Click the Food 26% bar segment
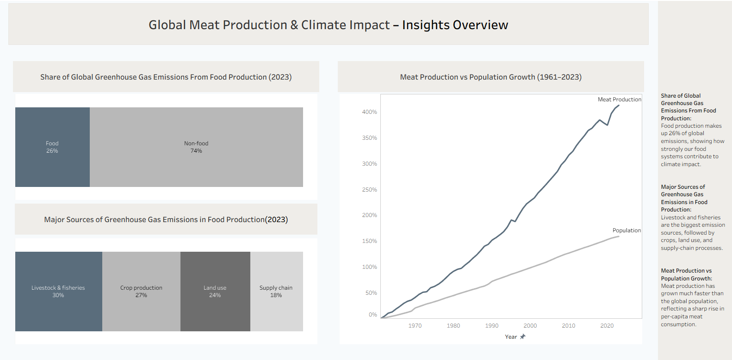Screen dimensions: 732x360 [52, 147]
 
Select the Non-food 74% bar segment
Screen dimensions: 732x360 [196, 147]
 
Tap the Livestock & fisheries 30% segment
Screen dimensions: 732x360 [58, 292]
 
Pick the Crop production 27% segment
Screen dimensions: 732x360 [141, 292]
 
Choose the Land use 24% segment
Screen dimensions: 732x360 [215, 292]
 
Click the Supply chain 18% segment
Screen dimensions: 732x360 [277, 292]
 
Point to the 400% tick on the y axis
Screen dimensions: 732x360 [369, 112]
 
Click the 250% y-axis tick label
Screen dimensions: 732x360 [369, 189]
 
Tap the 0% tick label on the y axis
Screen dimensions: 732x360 [373, 315]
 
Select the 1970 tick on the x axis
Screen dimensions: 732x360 [415, 326]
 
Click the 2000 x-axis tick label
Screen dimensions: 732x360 [530, 326]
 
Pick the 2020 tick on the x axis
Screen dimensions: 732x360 [607, 326]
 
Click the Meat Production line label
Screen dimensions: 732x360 [619, 99]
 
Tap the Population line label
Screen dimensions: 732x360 [627, 230]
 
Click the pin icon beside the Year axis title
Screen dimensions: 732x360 [522, 336]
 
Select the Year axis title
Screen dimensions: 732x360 [511, 337]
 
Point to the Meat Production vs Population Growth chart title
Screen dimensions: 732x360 [491, 77]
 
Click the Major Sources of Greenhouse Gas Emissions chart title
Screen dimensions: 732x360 [166, 219]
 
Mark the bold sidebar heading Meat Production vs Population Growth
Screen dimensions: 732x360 [686, 274]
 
